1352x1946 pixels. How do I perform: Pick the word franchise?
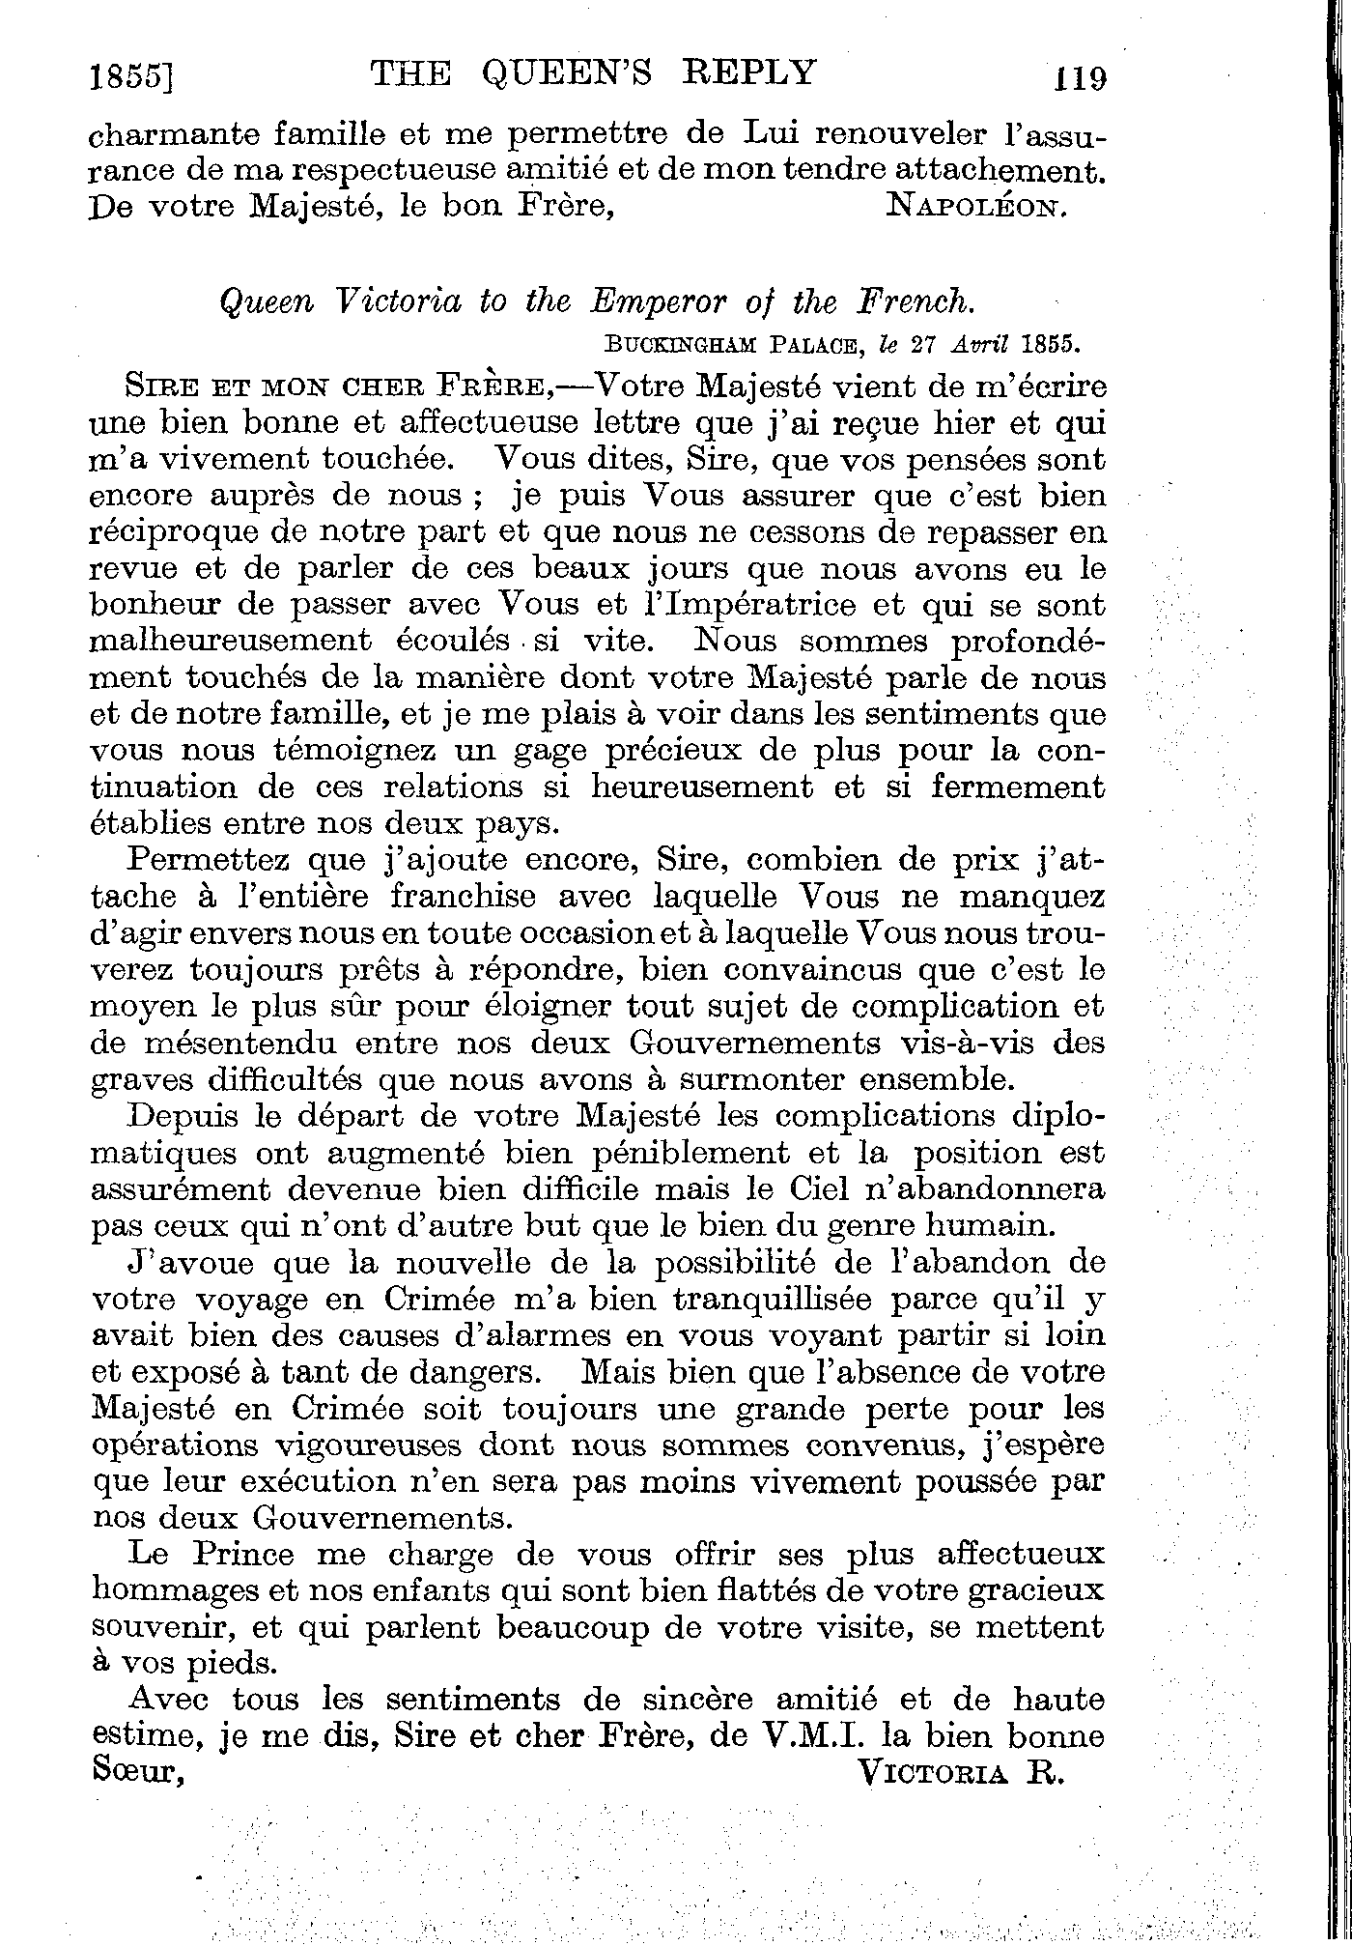[x=463, y=896]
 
